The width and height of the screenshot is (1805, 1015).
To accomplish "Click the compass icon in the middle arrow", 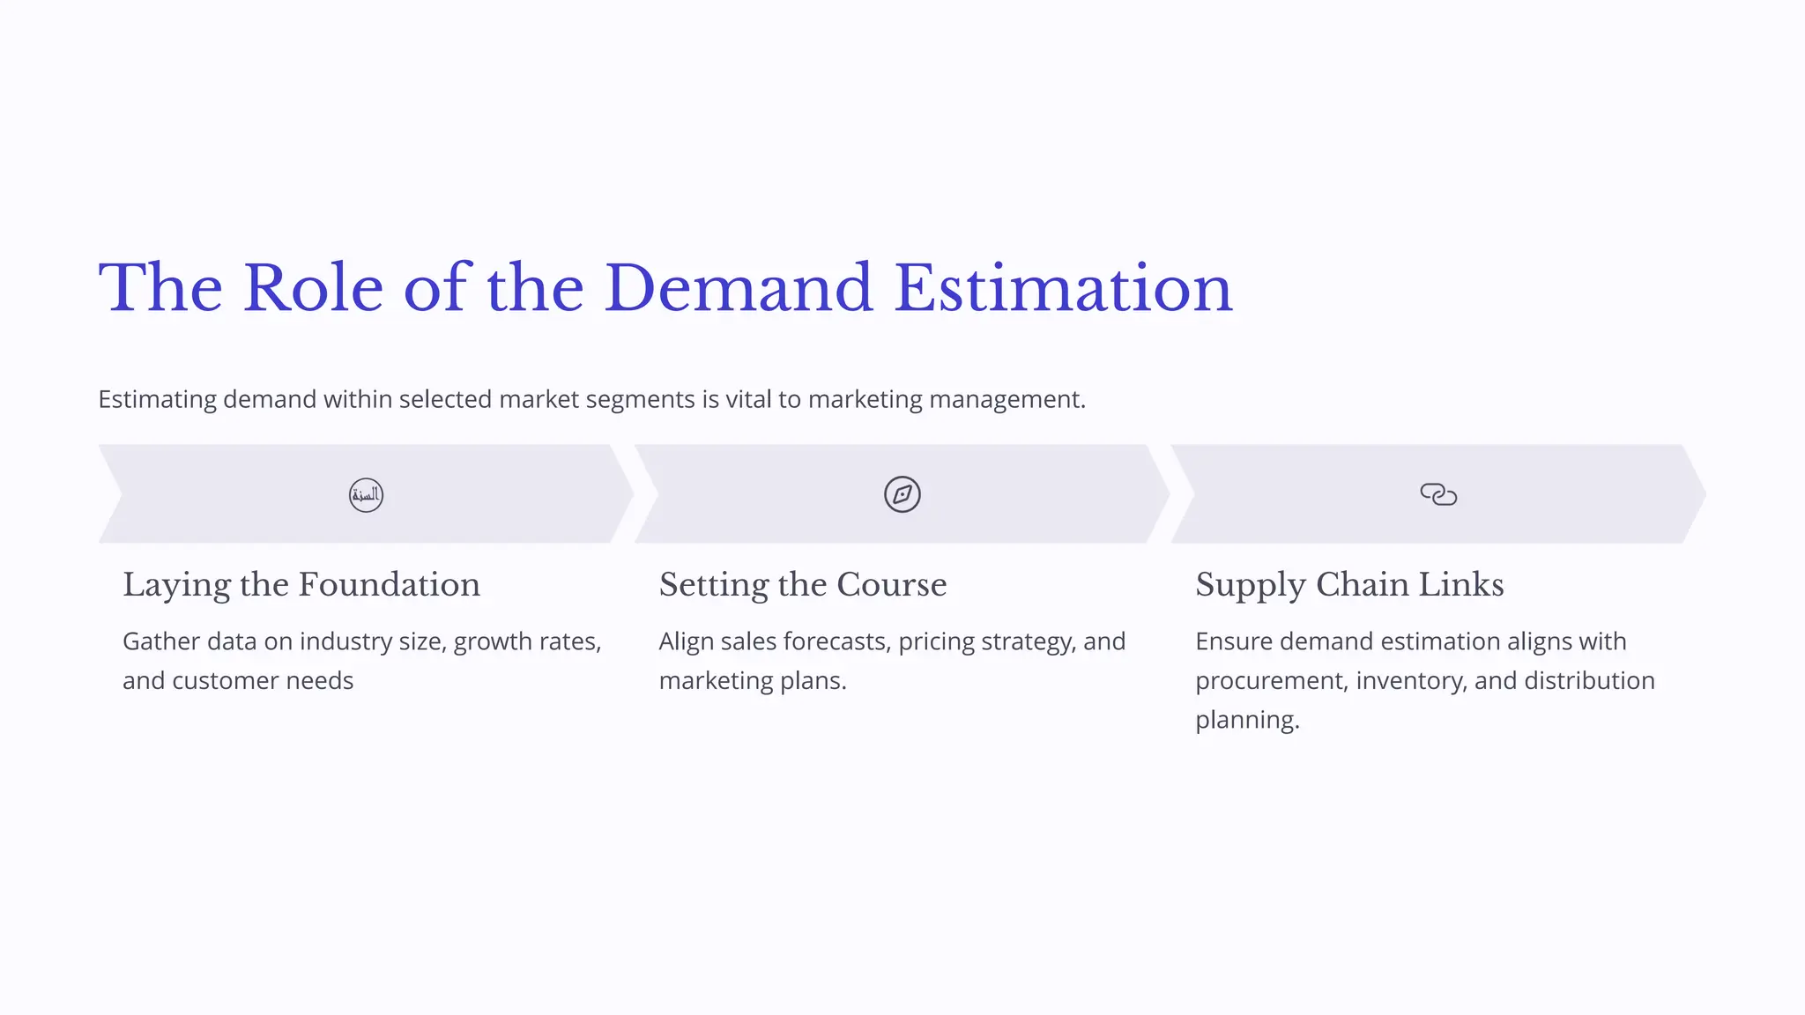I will (902, 494).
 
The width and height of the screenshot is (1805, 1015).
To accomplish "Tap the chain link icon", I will (1438, 494).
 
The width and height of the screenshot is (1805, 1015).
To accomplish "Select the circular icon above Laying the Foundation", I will (366, 494).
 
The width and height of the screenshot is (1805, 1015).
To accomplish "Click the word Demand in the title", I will (738, 288).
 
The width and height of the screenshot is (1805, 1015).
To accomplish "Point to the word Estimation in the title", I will (1062, 288).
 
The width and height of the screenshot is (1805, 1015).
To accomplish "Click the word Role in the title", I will (313, 288).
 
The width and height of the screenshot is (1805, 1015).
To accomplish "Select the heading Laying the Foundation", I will (301, 585).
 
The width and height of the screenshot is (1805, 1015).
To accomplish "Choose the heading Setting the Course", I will (803, 585).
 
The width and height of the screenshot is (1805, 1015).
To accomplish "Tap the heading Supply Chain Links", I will (1349, 585).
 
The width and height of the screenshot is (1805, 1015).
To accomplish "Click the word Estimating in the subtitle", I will (157, 400).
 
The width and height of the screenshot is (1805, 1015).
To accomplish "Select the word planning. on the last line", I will (1247, 720).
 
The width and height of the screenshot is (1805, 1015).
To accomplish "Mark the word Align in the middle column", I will (686, 641).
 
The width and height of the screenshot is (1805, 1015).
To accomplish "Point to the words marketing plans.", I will (753, 681).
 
